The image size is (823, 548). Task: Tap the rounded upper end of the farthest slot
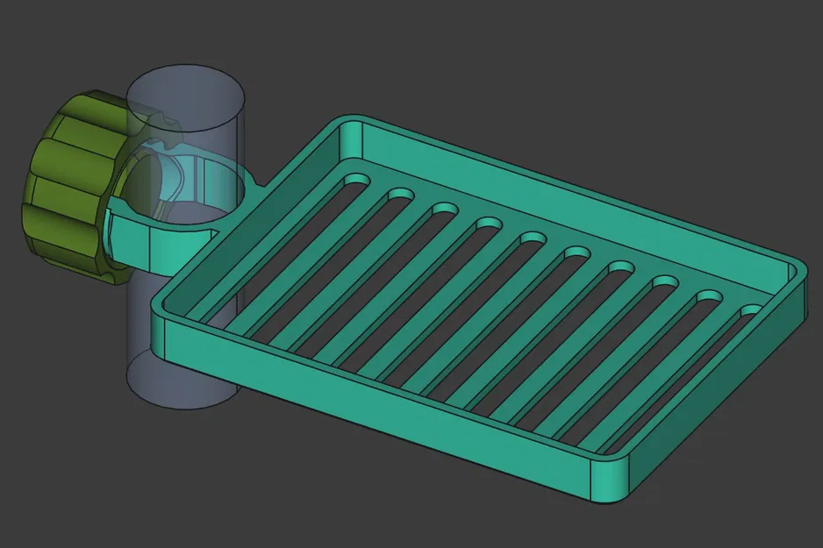pyautogui.click(x=753, y=311)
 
